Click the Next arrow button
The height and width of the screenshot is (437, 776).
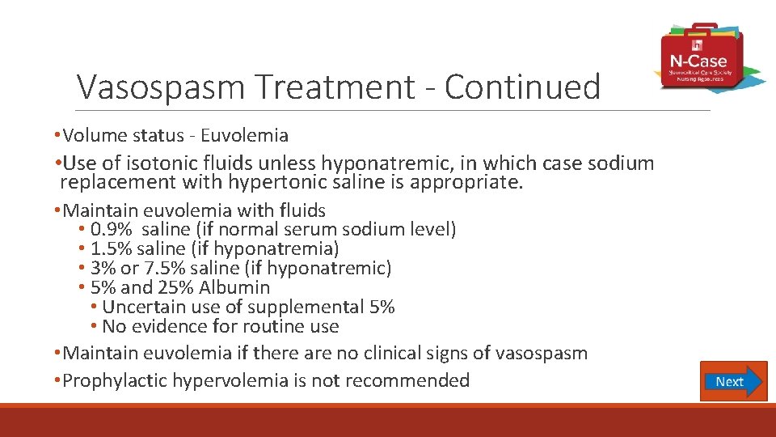[x=732, y=381]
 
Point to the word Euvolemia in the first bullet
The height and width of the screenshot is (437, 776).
[x=246, y=135]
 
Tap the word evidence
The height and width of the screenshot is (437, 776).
[x=171, y=327]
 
